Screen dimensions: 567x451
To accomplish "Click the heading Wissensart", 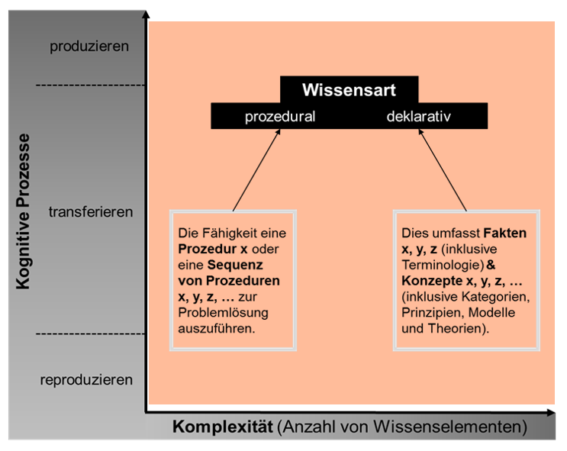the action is click(x=349, y=90).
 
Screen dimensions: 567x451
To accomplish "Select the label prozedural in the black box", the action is click(x=280, y=117).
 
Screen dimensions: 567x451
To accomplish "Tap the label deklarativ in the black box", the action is click(x=419, y=117).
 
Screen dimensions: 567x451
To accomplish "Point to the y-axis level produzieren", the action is click(x=89, y=47).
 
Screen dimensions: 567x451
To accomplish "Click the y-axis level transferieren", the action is click(x=91, y=212).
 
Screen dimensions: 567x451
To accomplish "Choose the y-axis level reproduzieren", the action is click(x=86, y=380).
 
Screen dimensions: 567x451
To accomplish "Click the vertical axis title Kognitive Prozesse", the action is click(x=23, y=211).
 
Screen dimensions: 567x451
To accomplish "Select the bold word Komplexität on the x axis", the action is click(x=222, y=427).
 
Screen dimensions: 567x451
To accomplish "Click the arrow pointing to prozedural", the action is click(x=256, y=170).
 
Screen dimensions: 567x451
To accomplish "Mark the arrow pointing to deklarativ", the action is click(x=443, y=170).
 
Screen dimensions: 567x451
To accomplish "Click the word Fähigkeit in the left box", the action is click(x=230, y=234).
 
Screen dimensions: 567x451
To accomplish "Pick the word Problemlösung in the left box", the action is click(x=223, y=313).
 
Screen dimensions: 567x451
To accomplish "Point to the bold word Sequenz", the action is click(x=235, y=265).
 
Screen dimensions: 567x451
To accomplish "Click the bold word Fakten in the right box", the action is click(x=504, y=234).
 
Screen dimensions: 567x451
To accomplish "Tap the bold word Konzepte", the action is click(x=432, y=281).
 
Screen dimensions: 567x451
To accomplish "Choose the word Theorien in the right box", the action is click(x=455, y=328).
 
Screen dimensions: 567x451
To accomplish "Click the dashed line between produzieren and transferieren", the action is click(x=90, y=85).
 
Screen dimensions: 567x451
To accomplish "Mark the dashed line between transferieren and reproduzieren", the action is click(x=90, y=333).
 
